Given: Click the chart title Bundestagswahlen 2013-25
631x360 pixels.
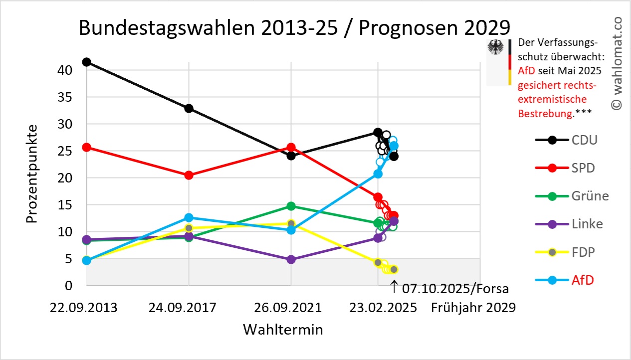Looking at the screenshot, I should click(x=294, y=28).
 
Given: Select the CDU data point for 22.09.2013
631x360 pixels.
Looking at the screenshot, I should click(x=86, y=62).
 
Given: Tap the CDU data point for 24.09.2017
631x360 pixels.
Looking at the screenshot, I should click(x=189, y=108).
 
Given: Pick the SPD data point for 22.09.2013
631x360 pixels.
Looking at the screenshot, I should click(x=86, y=147).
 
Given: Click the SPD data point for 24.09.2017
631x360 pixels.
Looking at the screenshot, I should click(x=189, y=175).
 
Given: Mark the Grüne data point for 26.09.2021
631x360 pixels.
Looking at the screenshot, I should click(x=291, y=206).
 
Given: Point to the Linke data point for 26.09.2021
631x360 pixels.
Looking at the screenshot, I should click(x=291, y=259).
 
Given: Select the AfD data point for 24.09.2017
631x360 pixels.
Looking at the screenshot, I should click(x=189, y=217).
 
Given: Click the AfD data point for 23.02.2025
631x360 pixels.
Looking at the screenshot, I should click(x=378, y=174).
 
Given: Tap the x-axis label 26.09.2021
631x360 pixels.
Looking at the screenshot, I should click(x=291, y=307).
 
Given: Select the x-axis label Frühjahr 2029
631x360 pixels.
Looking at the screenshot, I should click(x=473, y=307).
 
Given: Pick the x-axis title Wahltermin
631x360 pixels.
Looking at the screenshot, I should click(x=283, y=330).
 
